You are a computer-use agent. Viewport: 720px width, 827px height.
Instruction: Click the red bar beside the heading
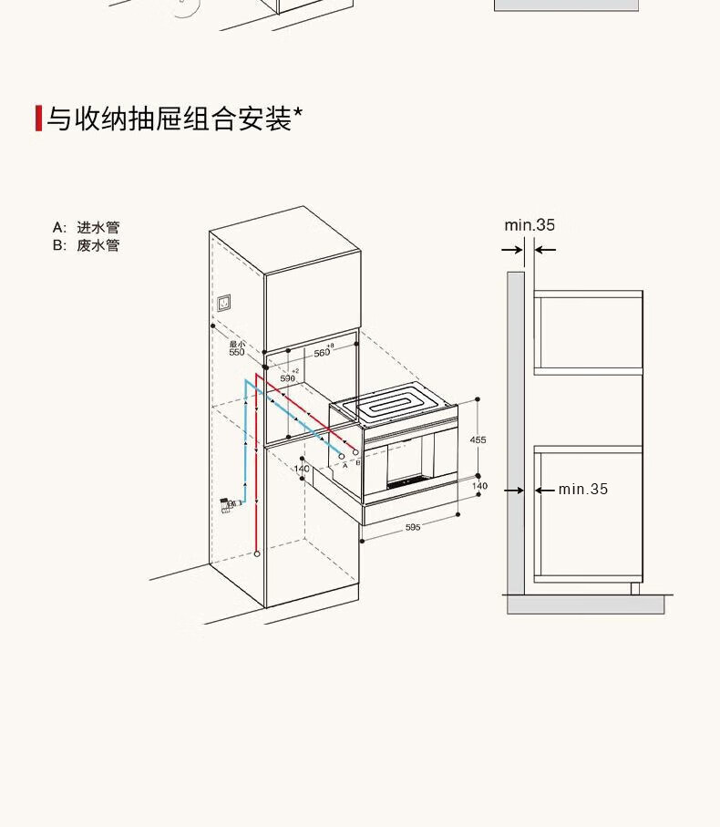(x=38, y=119)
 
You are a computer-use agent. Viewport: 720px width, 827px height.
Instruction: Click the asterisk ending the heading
(x=298, y=114)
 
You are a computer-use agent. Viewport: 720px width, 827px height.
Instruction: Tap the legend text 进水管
(x=98, y=227)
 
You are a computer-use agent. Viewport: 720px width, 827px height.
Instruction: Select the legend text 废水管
(x=98, y=245)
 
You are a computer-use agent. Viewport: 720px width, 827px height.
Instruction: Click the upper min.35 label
(x=530, y=225)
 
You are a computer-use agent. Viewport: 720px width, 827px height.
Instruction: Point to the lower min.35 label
(x=583, y=490)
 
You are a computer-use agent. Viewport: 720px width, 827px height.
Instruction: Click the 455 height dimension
(x=478, y=439)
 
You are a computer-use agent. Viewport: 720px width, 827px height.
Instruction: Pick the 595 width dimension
(x=413, y=528)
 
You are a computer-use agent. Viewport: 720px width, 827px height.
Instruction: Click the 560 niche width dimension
(x=323, y=352)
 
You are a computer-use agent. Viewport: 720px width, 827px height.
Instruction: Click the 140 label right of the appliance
(x=479, y=486)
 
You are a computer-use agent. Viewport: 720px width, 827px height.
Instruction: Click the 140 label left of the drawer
(x=302, y=469)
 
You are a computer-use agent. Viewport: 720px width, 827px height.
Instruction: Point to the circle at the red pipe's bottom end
(x=258, y=553)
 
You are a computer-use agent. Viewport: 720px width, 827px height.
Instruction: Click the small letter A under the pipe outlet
(x=345, y=464)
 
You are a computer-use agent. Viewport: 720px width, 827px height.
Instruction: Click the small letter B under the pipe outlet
(x=358, y=463)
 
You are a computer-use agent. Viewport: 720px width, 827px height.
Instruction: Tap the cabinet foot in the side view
(x=634, y=588)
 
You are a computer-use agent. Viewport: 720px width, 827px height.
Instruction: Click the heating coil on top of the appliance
(x=394, y=402)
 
